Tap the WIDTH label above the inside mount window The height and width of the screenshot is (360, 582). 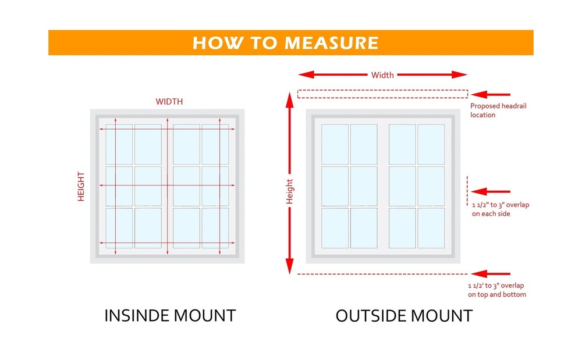click(x=169, y=101)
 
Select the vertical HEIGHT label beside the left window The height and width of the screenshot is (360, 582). click(x=81, y=186)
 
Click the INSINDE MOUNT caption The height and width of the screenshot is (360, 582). click(x=170, y=316)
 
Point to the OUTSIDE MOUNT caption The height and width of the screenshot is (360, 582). click(x=404, y=316)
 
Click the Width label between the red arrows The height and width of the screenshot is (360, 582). click(x=382, y=74)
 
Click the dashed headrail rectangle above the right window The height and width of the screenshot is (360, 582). click(x=382, y=94)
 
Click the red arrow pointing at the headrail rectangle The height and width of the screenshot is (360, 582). click(x=492, y=94)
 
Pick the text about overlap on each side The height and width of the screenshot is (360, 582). click(x=500, y=209)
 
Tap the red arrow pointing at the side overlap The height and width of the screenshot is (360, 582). click(x=492, y=191)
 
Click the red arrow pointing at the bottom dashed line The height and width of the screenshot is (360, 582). click(x=492, y=273)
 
